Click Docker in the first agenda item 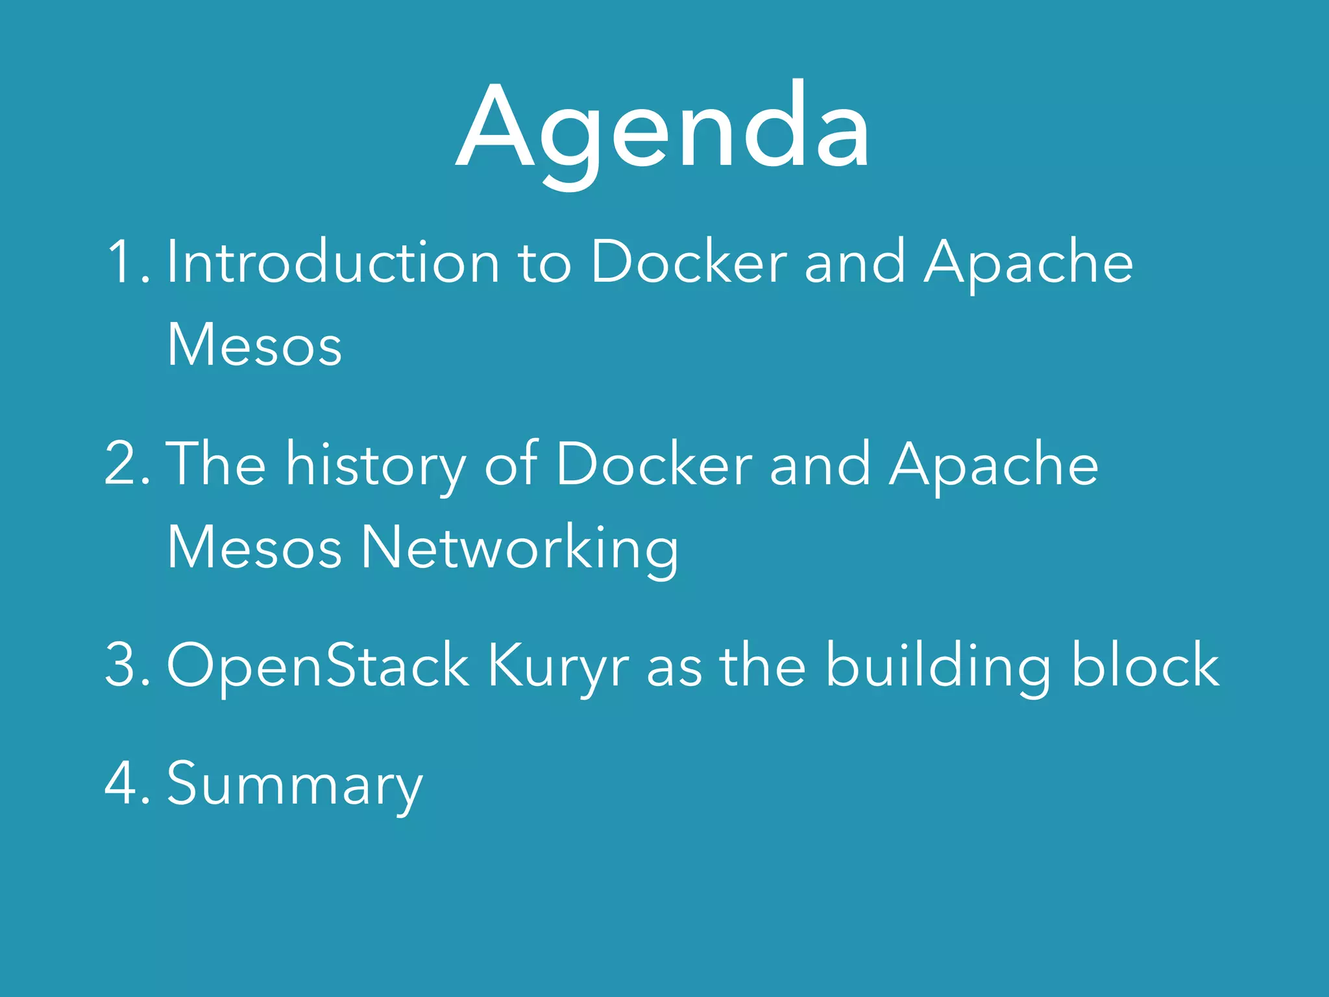[x=689, y=263]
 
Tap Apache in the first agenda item [x=1029, y=263]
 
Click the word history [x=376, y=464]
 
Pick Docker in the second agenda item [x=654, y=464]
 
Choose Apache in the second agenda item [x=994, y=464]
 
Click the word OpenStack [x=318, y=665]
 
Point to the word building [x=938, y=665]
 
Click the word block [x=1145, y=665]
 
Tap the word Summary [x=295, y=784]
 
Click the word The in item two [x=216, y=464]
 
